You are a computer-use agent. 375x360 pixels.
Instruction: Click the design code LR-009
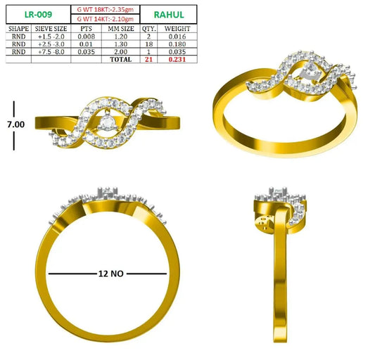coord(38,15)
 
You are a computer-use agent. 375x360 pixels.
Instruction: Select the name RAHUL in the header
coord(169,15)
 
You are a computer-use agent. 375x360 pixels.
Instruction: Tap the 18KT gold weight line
coord(106,10)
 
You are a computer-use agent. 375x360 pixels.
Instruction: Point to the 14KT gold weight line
coord(106,19)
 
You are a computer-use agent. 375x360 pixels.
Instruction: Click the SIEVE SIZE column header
coord(51,29)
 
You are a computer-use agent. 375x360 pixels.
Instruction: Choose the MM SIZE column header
coord(121,29)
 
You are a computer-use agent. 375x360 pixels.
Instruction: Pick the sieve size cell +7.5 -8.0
coord(51,51)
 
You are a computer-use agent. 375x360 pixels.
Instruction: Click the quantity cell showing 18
coord(148,44)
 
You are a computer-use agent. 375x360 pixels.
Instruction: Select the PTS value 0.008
coord(87,37)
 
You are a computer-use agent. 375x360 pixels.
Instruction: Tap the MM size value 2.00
coord(121,51)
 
